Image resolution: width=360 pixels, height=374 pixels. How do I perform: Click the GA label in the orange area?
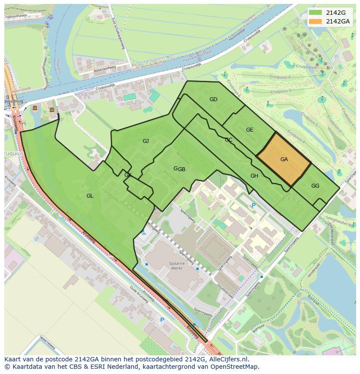point(284,159)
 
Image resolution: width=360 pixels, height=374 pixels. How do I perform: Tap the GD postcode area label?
point(213,99)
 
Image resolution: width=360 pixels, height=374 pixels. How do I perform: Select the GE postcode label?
point(250,130)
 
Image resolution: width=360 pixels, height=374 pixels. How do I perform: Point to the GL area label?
point(90,196)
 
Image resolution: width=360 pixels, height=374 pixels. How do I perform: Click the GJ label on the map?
point(146,141)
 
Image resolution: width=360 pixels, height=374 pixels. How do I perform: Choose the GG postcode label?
point(315,186)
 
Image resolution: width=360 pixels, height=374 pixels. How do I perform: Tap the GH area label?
point(254,176)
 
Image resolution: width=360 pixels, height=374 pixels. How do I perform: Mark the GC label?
point(228,140)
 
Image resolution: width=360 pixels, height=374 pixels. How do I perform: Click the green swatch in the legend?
point(316,12)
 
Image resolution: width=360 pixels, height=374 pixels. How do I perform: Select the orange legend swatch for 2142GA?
point(316,21)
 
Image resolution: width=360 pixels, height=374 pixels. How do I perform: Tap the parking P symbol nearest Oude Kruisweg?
point(162,320)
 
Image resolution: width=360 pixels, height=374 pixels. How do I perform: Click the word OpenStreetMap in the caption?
point(235,367)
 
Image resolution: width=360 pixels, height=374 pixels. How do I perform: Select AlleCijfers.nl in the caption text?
point(233,359)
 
